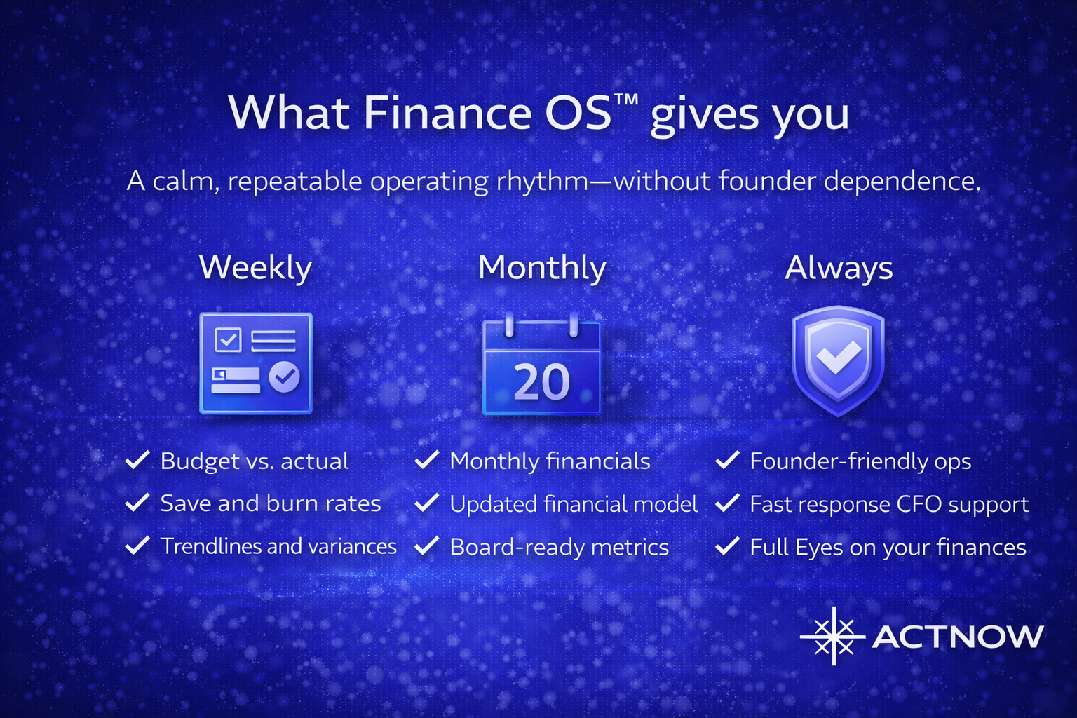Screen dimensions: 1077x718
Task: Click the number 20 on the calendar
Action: point(541,382)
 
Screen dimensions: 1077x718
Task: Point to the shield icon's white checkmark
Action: point(839,356)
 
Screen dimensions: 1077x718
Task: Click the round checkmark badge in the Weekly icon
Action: point(284,377)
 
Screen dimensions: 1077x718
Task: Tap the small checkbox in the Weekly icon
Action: point(228,340)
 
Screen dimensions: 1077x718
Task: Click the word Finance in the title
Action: point(447,114)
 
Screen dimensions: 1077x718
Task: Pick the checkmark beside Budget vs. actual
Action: point(137,460)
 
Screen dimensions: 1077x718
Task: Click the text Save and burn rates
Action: point(270,503)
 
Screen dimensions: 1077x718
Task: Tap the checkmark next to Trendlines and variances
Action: point(137,546)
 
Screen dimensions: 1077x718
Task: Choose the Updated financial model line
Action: point(574,504)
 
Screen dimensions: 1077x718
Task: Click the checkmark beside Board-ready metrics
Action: point(427,546)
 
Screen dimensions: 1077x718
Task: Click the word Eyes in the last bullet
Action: point(819,548)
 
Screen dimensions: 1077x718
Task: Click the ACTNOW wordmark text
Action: point(958,636)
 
